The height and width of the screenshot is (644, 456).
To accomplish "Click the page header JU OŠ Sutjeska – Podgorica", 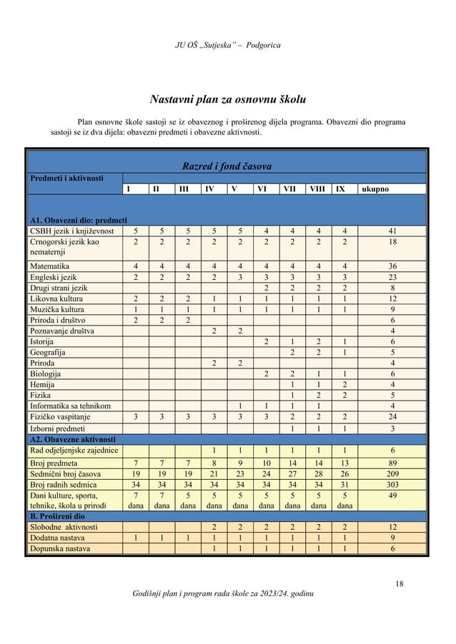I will coord(227,46).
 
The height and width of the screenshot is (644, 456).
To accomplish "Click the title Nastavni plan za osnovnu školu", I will coord(227,99).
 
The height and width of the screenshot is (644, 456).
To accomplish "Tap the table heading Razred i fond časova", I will coord(227,166).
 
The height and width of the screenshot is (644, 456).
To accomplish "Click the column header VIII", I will coord(317,191).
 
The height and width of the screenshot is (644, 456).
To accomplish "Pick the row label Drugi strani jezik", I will coord(58,287).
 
